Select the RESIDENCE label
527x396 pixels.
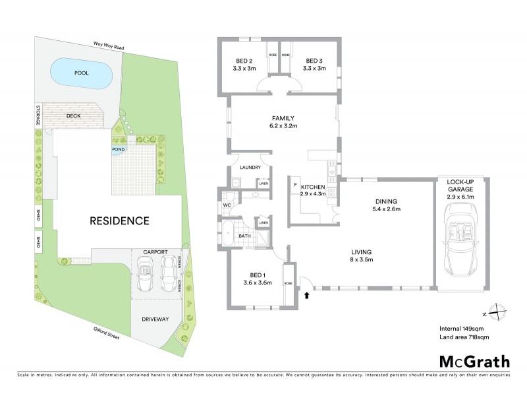119,220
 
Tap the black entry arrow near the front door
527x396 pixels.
306,294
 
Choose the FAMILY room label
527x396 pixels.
283,122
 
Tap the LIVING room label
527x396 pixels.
362,252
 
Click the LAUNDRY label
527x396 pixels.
251,168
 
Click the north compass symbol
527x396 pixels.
499,312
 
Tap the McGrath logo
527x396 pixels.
474,361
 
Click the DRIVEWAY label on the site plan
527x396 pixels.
155,319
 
